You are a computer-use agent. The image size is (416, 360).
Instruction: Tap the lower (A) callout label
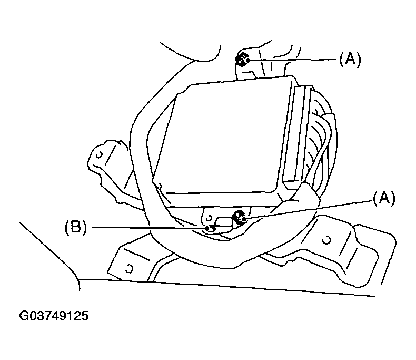(x=383, y=198)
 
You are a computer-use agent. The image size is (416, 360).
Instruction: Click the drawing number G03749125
(x=54, y=316)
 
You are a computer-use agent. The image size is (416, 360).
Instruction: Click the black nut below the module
(x=237, y=216)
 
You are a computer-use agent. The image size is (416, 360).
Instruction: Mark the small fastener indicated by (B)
(x=210, y=228)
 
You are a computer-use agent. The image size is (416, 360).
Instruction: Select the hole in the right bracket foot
(x=326, y=240)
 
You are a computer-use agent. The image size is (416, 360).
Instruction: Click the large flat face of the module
(x=221, y=137)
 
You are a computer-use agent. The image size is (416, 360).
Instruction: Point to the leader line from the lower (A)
(x=311, y=208)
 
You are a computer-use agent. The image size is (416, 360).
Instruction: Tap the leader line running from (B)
(x=147, y=228)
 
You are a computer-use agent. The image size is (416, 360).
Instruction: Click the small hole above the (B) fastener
(x=209, y=217)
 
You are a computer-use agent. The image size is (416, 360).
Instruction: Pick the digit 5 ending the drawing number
(x=84, y=316)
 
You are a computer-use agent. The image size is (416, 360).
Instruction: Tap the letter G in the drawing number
(x=24, y=316)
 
